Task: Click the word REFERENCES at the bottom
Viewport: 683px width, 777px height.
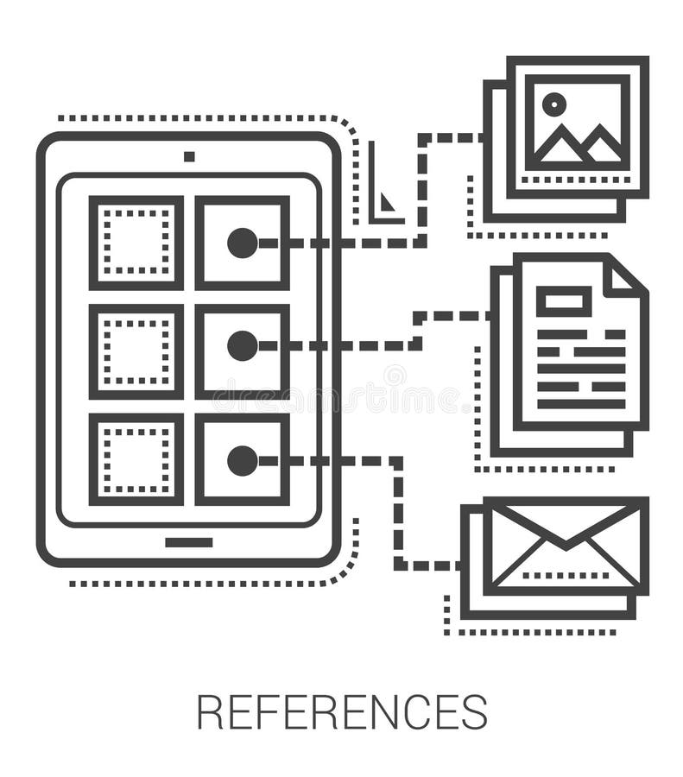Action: coord(342,712)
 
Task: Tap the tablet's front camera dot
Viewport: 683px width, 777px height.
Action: coord(189,156)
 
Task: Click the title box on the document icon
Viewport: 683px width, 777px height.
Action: coord(563,301)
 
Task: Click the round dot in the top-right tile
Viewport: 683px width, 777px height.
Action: coord(243,243)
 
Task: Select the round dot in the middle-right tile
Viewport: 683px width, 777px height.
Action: coord(243,345)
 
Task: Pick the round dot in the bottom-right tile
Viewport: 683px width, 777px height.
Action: coord(243,461)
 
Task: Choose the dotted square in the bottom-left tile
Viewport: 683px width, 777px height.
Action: coord(136,459)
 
